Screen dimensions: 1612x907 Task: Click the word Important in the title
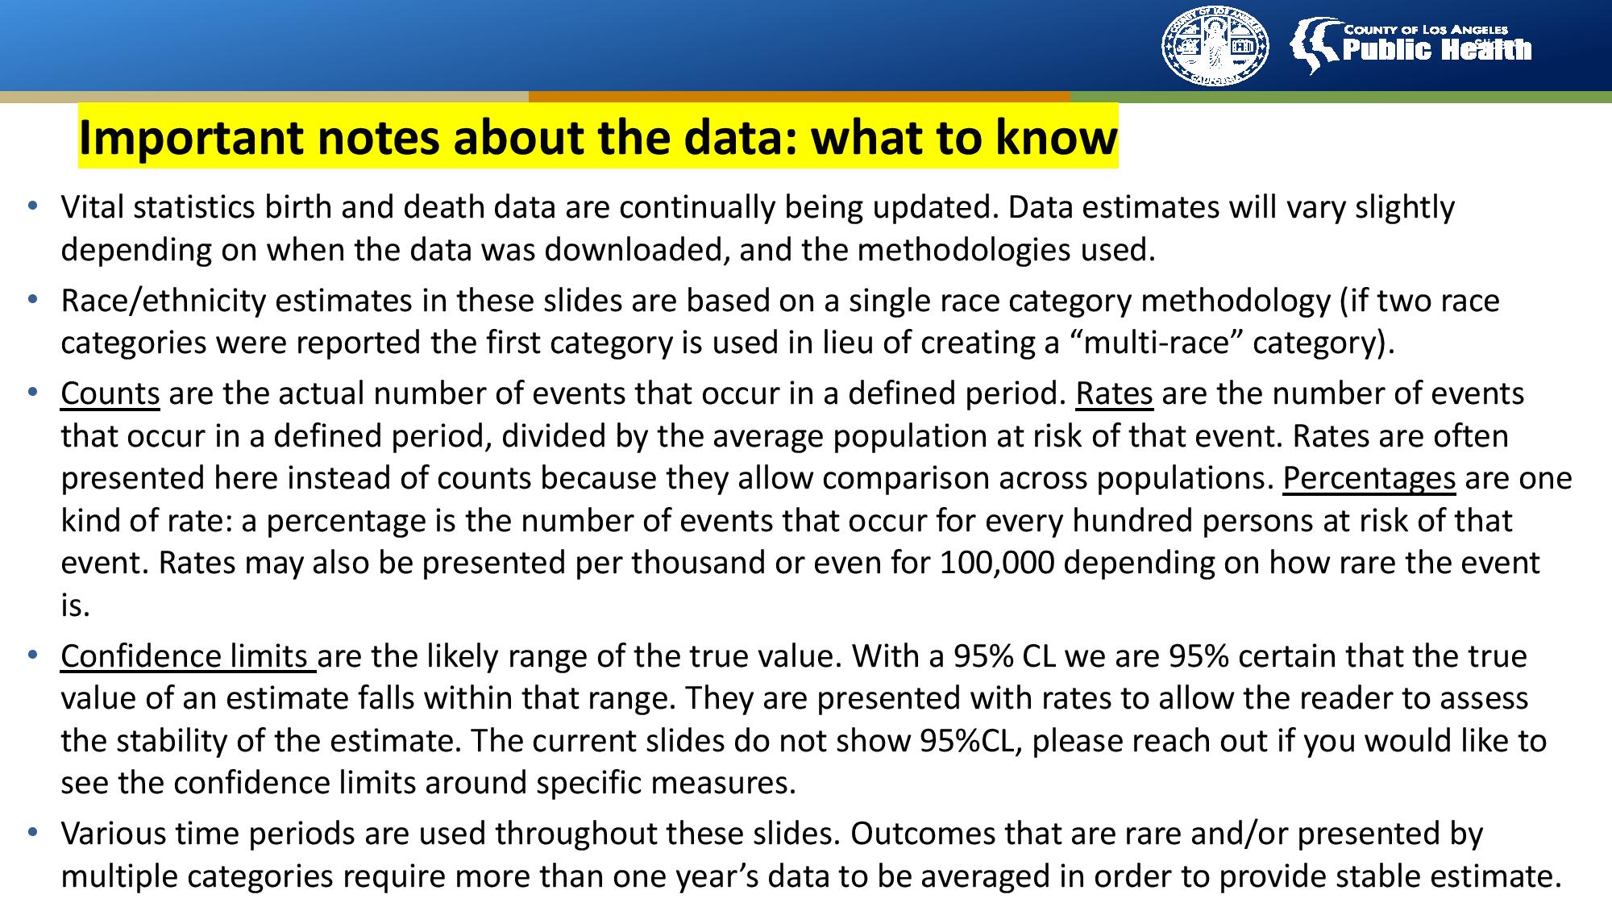193,138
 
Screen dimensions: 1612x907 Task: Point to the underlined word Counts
110,393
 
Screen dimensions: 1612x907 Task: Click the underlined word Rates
1114,393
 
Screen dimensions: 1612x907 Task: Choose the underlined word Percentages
1369,479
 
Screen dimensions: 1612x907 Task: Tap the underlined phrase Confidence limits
187,656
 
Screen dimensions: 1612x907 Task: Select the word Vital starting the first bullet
93,208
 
